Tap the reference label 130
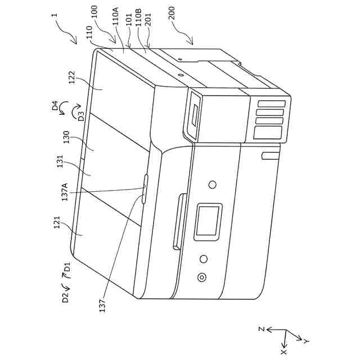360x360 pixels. point(66,138)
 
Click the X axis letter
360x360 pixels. point(283,352)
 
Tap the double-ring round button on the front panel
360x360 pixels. point(200,277)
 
